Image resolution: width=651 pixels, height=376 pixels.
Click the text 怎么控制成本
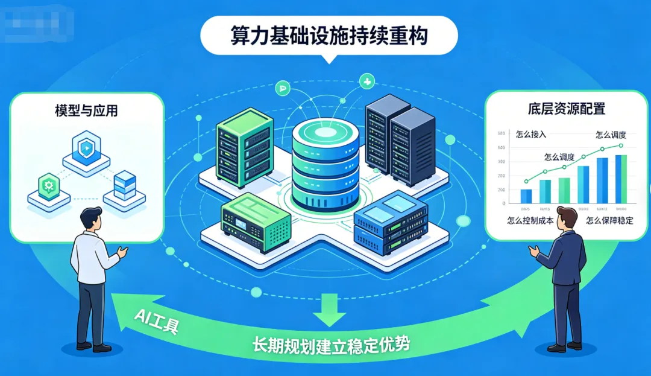pos(530,220)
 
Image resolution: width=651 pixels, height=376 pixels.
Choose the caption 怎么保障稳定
pos(609,220)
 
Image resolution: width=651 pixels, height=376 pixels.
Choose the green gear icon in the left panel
pos(46,183)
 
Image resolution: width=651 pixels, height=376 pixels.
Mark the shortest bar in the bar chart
pos(526,196)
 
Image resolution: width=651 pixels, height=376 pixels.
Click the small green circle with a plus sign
pos(366,80)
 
